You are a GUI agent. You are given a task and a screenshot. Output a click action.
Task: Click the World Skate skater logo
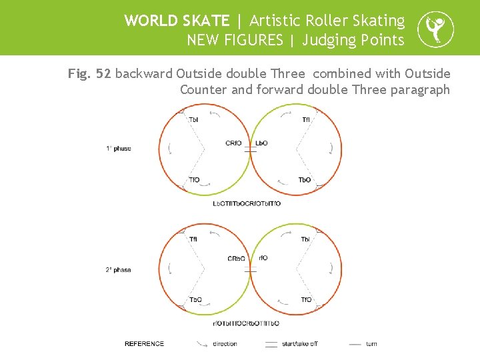point(435,30)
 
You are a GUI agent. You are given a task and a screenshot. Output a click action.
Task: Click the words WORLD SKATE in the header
point(177,21)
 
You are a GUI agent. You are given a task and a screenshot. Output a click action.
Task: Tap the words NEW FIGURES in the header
point(235,40)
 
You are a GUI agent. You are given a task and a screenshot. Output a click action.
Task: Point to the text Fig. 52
point(89,73)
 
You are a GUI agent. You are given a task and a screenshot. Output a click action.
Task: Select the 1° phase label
point(119,149)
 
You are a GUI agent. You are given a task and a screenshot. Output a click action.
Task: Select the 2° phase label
point(119,270)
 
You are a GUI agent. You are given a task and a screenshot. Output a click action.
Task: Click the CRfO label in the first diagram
point(234,143)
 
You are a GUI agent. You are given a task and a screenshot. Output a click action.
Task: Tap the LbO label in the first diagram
point(261,143)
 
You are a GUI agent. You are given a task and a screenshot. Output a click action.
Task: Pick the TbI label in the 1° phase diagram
point(193,120)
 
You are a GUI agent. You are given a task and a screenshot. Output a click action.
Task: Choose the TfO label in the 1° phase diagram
point(194,180)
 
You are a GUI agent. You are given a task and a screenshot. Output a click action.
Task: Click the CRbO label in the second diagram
point(236,259)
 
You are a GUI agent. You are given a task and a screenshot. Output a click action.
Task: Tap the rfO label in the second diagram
point(263,258)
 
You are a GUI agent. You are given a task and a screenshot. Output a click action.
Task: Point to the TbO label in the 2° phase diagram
point(195,300)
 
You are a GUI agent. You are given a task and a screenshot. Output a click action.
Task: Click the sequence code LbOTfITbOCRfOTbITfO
point(247,203)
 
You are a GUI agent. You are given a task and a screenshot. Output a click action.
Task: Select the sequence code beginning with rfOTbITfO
point(247,323)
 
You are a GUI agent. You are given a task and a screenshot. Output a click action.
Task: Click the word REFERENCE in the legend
point(145,344)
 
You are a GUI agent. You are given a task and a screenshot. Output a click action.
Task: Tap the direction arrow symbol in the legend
point(202,344)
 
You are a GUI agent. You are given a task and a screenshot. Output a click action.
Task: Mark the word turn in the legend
point(371,344)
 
